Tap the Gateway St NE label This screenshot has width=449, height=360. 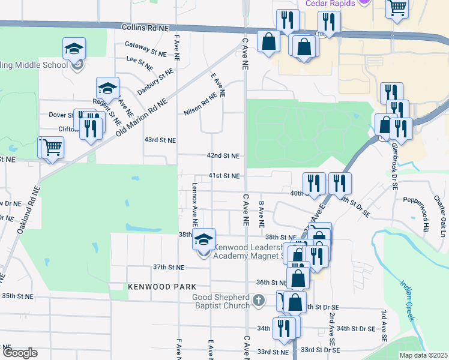(x=145, y=49)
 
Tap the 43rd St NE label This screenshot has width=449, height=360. (x=160, y=140)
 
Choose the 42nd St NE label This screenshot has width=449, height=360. (x=223, y=155)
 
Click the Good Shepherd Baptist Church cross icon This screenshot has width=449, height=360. (x=258, y=299)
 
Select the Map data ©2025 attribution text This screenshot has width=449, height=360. (x=424, y=355)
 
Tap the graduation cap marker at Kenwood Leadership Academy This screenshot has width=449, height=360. (x=203, y=239)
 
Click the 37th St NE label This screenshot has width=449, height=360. (x=168, y=267)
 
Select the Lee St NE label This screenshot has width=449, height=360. (x=139, y=61)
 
